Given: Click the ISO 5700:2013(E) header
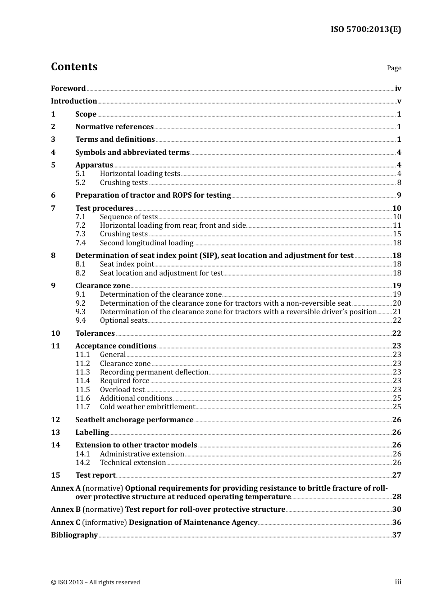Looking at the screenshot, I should pyautogui.click(x=365, y=29).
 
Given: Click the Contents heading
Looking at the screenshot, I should pyautogui.click(x=74, y=67).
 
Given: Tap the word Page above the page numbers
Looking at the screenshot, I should pyautogui.click(x=394, y=68).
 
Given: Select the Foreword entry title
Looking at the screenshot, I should pyautogui.click(x=68, y=89).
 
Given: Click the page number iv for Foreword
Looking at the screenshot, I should pyautogui.click(x=398, y=89).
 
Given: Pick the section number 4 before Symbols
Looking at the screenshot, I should pyautogui.click(x=53, y=153).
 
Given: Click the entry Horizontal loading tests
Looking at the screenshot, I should pyautogui.click(x=140, y=174).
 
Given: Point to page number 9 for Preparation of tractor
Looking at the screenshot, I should pyautogui.click(x=399, y=195).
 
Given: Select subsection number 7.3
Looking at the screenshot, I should pyautogui.click(x=81, y=234).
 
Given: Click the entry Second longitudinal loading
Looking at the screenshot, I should pyautogui.click(x=146, y=243).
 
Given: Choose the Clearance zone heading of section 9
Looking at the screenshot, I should pyautogui.click(x=102, y=286).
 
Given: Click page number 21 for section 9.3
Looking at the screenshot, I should pyautogui.click(x=397, y=312).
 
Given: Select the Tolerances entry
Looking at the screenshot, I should pyautogui.click(x=95, y=334).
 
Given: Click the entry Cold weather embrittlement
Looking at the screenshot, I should pyautogui.click(x=147, y=407).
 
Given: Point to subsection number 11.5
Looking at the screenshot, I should pyautogui.click(x=82, y=390).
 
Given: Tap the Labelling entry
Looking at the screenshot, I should pyautogui.click(x=92, y=433).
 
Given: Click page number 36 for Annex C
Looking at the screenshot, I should pyautogui.click(x=396, y=523).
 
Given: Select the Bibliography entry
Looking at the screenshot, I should pyautogui.click(x=74, y=535).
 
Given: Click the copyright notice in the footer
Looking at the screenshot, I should pyautogui.click(x=96, y=582).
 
